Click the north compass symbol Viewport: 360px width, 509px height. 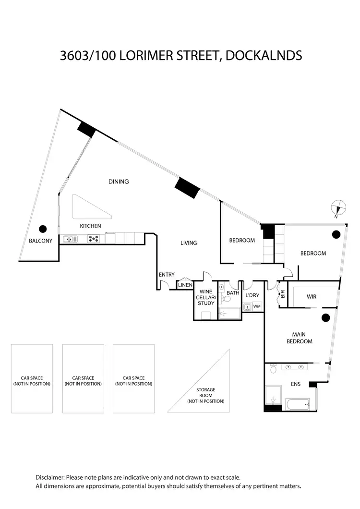[338, 207]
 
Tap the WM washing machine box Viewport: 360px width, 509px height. [257, 306]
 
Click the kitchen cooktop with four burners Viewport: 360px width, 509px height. [94, 239]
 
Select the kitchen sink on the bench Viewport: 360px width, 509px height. [70, 239]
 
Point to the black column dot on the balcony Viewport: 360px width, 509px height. [43, 229]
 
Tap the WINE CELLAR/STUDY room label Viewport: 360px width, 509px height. [206, 297]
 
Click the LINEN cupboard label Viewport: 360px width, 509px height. [185, 285]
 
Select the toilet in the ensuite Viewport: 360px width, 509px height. [273, 368]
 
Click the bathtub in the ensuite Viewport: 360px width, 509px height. [297, 404]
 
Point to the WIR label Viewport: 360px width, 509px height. [312, 297]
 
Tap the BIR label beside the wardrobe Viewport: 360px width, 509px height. [282, 294]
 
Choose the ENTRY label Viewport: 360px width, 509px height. [167, 275]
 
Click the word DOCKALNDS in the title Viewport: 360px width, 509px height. [264, 56]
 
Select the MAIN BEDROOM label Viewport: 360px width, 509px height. [299, 338]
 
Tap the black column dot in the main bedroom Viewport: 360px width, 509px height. [325, 318]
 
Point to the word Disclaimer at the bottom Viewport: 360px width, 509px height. [50, 477]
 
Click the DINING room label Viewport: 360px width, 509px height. [119, 182]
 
